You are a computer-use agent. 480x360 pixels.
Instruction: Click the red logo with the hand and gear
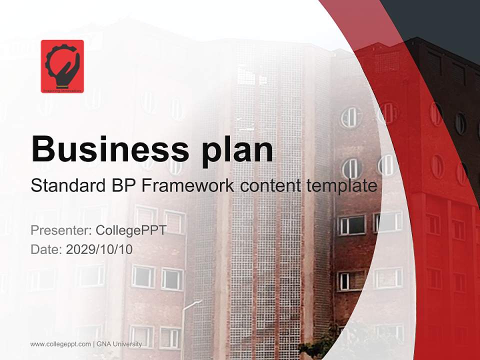pos(62,66)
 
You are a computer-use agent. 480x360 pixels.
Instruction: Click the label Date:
pos(46,249)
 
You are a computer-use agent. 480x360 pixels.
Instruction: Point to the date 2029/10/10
pos(99,249)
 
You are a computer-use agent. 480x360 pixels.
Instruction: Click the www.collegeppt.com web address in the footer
pos(60,344)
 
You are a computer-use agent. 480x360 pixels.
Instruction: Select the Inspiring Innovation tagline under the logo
pos(62,90)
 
